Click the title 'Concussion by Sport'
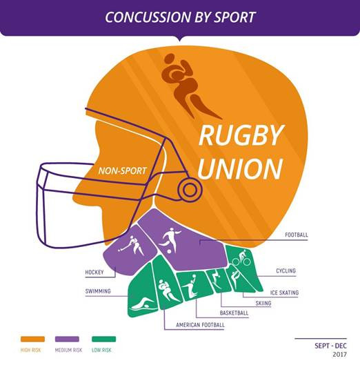click(x=181, y=17)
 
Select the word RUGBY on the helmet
click(x=241, y=135)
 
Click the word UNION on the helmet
click(x=241, y=168)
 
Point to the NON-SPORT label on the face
click(x=122, y=171)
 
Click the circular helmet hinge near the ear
click(x=190, y=190)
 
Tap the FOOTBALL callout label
click(x=297, y=235)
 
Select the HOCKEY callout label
click(x=94, y=272)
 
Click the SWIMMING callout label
click(x=98, y=291)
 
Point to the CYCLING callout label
click(x=286, y=270)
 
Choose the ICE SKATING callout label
click(x=284, y=293)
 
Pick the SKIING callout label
click(x=263, y=303)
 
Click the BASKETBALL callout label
click(x=234, y=313)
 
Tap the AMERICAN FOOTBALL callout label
click(x=201, y=325)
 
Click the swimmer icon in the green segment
click(x=143, y=304)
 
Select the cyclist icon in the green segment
click(x=241, y=257)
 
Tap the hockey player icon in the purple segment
click(x=132, y=246)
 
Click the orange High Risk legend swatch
click(x=32, y=339)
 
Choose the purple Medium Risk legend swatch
click(x=67, y=339)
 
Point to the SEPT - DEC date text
click(x=330, y=346)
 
